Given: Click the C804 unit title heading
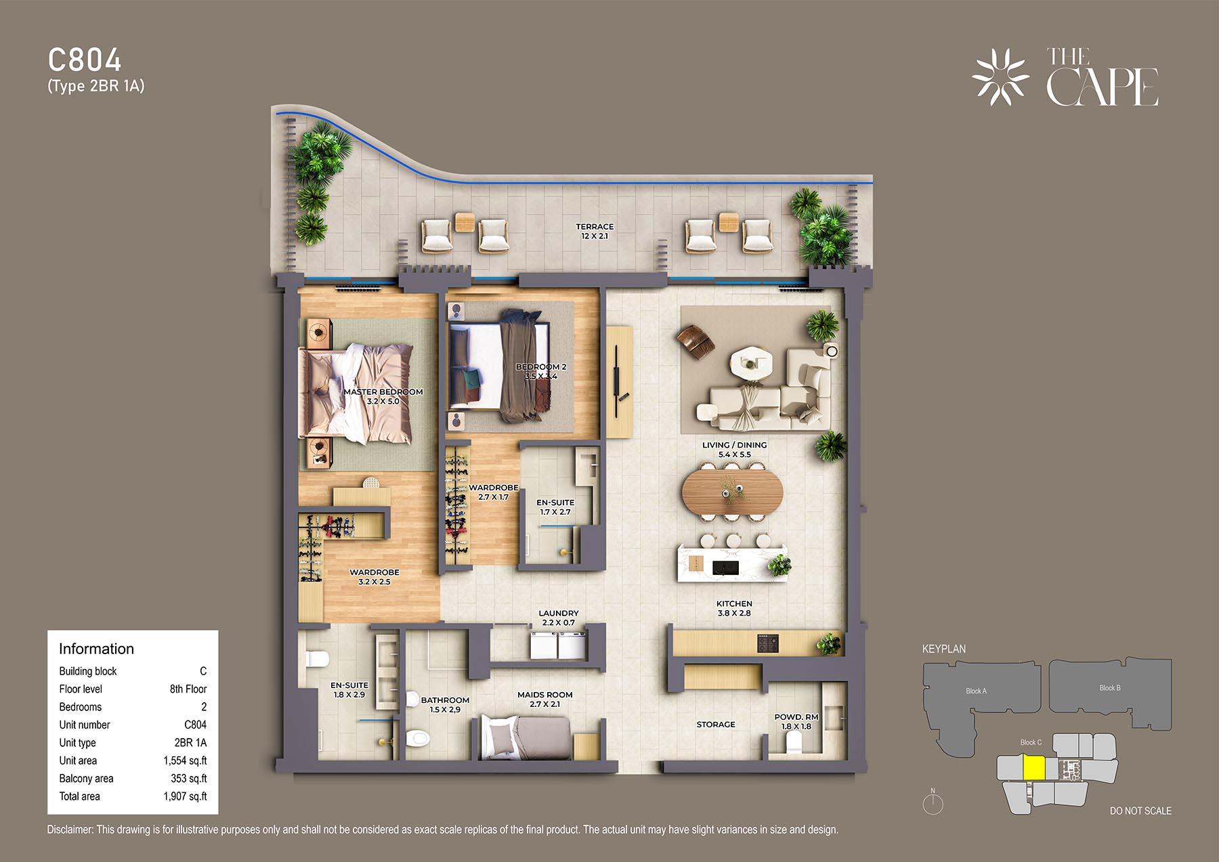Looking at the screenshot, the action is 85,60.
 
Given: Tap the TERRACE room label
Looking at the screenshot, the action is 595,227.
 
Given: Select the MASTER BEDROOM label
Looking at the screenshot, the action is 383,392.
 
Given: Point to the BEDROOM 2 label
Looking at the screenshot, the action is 541,367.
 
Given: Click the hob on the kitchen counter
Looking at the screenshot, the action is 768,643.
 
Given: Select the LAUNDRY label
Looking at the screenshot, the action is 559,613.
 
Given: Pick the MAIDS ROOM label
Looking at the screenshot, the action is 545,695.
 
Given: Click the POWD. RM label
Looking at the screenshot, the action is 796,717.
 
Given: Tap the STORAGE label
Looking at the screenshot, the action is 716,725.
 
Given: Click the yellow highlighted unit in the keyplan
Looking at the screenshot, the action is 1034,768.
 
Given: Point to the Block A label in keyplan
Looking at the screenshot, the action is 976,691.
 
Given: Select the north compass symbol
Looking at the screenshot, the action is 933,802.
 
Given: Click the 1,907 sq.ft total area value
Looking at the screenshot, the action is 185,796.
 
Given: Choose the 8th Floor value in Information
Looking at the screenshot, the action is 188,689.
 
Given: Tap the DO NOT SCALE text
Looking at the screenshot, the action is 1140,811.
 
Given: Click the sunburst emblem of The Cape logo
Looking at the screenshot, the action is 1001,77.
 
